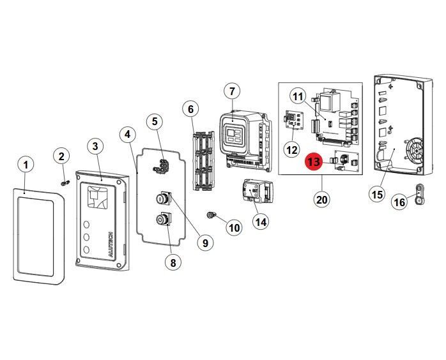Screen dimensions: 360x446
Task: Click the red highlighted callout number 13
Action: (x=314, y=162)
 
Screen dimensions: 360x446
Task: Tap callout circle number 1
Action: (x=26, y=165)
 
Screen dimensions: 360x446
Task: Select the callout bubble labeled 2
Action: (x=61, y=156)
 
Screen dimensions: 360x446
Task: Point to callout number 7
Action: (x=232, y=91)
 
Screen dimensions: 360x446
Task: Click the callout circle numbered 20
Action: (x=321, y=199)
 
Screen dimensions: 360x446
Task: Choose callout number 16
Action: (x=399, y=202)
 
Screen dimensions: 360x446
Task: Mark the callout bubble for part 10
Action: (x=234, y=227)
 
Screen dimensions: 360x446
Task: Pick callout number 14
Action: (x=260, y=221)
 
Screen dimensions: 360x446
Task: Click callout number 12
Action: (x=291, y=150)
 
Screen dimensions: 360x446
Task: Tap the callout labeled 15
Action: (x=378, y=194)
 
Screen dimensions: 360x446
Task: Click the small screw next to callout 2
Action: (x=65, y=183)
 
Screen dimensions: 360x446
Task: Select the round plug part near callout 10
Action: (x=211, y=215)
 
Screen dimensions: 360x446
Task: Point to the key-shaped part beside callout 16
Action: (x=420, y=191)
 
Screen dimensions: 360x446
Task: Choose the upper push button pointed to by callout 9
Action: (x=162, y=199)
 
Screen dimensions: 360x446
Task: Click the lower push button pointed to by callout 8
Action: (x=162, y=220)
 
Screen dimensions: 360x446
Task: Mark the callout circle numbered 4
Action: (x=128, y=135)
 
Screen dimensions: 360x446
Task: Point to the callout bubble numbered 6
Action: (x=190, y=109)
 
